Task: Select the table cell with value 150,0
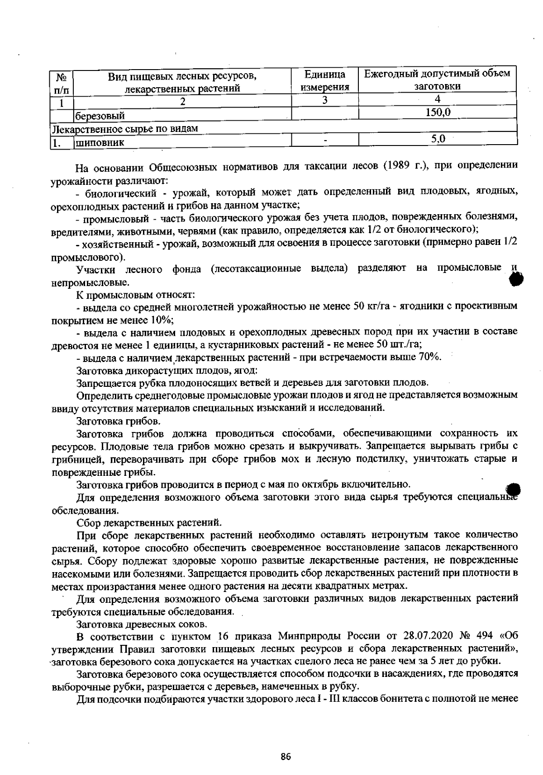point(438,112)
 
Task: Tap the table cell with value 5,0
point(438,139)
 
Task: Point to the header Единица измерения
point(325,80)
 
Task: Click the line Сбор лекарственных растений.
point(149,523)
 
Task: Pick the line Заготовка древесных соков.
point(142,625)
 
